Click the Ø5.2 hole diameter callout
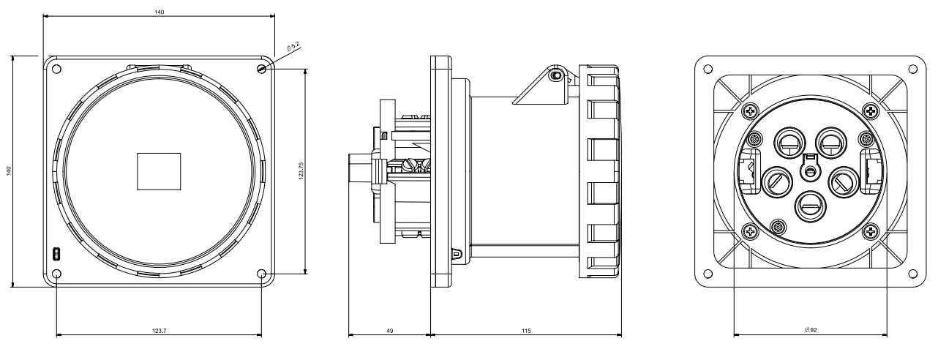tap(293, 46)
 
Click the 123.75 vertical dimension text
tap(301, 170)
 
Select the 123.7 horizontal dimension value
tap(159, 331)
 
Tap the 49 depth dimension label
tap(390, 331)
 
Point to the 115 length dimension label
tap(526, 331)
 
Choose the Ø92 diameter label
tap(811, 330)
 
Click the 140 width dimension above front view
tap(159, 12)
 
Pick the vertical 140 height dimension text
tap(9, 170)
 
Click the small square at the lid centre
tap(159, 171)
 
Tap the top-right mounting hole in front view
tap(262, 69)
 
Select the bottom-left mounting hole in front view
tap(56, 274)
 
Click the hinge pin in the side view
tap(556, 76)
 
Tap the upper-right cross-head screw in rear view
tap(871, 111)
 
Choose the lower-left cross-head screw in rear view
tap(750, 230)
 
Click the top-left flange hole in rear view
tap(708, 69)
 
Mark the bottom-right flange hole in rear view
tap(913, 274)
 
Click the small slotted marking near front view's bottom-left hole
tap(56, 254)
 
